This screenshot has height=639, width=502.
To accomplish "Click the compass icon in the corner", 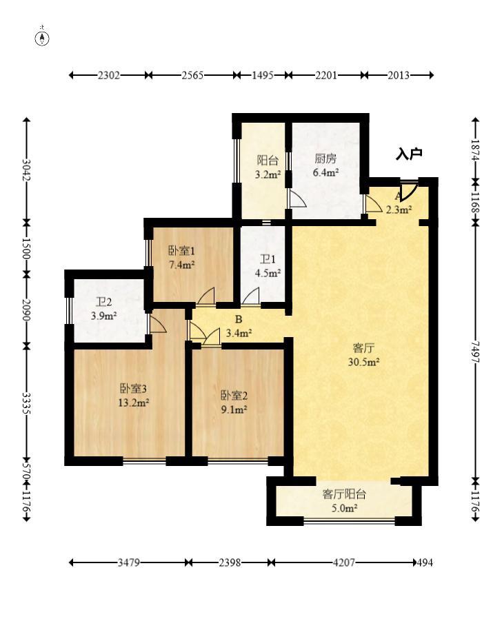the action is click(x=42, y=38).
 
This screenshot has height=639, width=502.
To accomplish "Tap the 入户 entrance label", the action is click(x=409, y=154).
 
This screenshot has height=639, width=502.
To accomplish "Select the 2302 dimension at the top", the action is click(x=109, y=75).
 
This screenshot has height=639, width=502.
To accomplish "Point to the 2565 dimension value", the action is click(x=192, y=75).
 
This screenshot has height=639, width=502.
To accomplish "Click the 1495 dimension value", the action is click(x=262, y=75).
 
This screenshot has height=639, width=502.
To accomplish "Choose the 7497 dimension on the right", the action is click(x=476, y=352).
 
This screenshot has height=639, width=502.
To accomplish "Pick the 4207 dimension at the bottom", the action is click(x=344, y=562).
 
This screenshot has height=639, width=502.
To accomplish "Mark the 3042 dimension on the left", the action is click(x=26, y=170).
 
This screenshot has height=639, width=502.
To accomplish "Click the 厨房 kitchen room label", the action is click(x=325, y=159).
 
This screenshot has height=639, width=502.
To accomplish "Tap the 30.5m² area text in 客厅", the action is click(x=364, y=362).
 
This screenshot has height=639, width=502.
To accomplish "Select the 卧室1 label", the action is click(x=181, y=250).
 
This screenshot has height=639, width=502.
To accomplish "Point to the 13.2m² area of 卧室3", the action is click(x=134, y=403).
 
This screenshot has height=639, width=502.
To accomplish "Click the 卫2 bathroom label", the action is click(x=104, y=302).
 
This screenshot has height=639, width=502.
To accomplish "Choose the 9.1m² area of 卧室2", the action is click(x=234, y=409).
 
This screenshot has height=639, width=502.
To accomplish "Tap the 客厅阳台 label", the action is click(x=345, y=494).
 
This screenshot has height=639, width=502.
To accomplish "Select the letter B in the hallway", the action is click(x=239, y=320).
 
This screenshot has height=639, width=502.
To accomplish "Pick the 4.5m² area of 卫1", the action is click(x=268, y=273).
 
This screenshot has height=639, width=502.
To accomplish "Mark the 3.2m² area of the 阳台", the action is click(x=268, y=175).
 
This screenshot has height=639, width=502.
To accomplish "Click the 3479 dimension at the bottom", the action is click(x=129, y=562).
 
